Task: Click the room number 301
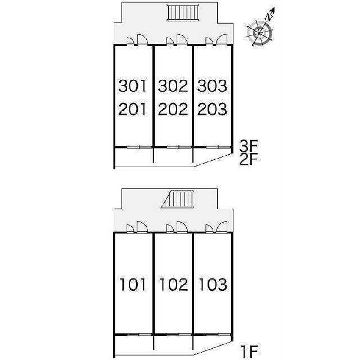[132, 86]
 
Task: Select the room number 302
[173, 86]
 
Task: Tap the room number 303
[212, 86]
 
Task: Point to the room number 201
[132, 109]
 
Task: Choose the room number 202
[173, 109]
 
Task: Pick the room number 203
[212, 109]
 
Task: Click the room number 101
[133, 285]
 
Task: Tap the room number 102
[174, 285]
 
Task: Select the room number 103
[213, 285]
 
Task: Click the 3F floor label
[249, 146]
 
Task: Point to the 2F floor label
[249, 159]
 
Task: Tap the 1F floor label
[250, 352]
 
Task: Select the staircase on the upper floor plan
[183, 12]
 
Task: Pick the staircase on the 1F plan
[178, 199]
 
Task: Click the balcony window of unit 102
[179, 334]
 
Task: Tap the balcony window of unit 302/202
[179, 147]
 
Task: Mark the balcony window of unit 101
[139, 334]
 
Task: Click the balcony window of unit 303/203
[218, 147]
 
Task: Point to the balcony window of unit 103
[218, 334]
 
